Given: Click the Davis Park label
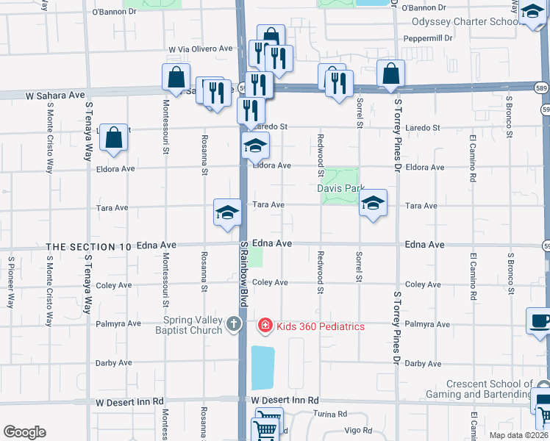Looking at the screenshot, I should [x=340, y=188].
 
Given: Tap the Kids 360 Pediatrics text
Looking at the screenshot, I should [x=320, y=326].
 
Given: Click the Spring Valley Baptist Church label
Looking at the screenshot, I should [x=177, y=326].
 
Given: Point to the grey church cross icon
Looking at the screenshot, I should [x=234, y=324].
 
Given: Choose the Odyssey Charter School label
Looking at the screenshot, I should [x=465, y=22].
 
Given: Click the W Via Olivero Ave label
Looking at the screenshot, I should [x=200, y=49].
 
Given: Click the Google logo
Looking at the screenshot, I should [x=24, y=432].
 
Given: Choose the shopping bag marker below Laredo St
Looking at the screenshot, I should [x=114, y=137].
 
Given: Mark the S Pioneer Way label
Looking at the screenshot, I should [x=11, y=282].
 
